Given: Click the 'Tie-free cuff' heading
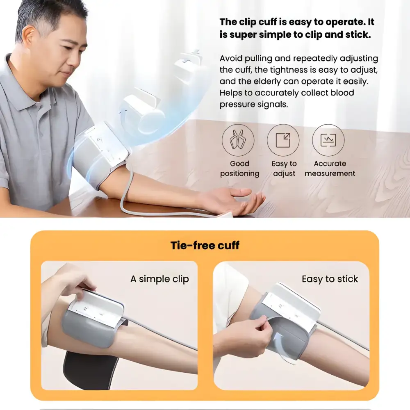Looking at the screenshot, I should (x=205, y=246).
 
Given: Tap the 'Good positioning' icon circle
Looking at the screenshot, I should (x=238, y=140).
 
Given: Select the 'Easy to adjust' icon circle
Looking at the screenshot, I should (x=283, y=140).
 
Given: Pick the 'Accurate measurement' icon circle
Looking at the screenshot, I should (x=328, y=140).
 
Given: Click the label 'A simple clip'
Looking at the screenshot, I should (x=159, y=279).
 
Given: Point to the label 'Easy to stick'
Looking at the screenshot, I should (x=330, y=279).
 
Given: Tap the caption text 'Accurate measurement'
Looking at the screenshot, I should (x=330, y=169).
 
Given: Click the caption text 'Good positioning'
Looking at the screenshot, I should (x=239, y=169).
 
